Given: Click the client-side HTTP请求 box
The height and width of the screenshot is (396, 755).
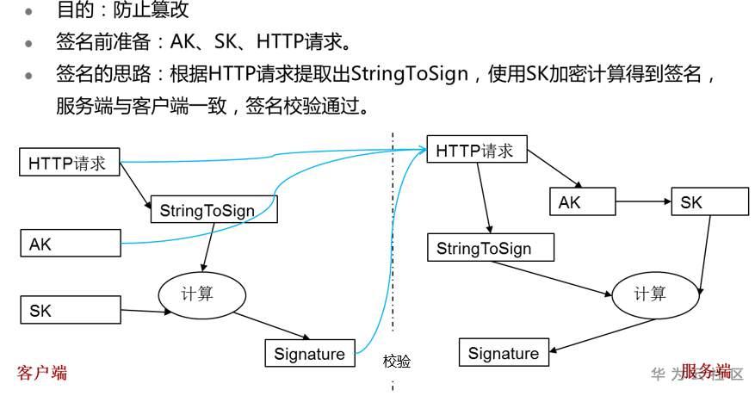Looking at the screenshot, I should [68, 163].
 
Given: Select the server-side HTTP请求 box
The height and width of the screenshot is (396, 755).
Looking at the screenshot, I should [476, 151].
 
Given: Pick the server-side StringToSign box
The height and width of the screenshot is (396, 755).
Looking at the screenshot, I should [490, 249].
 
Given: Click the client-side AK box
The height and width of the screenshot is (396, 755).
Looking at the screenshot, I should [68, 244].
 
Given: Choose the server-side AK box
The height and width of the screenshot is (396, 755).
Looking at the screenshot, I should [583, 203].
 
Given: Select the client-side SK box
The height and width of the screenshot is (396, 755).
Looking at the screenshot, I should [68, 311].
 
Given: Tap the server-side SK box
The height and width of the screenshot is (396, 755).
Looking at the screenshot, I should [710, 203].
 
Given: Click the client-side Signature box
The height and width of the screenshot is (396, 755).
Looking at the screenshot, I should [310, 353].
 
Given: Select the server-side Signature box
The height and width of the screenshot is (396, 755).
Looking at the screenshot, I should [504, 353].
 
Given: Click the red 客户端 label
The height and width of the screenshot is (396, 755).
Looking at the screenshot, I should [42, 372].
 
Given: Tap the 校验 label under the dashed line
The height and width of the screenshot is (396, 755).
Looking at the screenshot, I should [397, 362].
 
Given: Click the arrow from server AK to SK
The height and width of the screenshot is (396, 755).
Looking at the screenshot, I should [644, 203].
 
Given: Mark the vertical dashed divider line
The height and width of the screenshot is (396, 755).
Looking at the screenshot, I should [393, 258].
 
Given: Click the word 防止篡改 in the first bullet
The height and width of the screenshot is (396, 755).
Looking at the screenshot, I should [146, 11].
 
